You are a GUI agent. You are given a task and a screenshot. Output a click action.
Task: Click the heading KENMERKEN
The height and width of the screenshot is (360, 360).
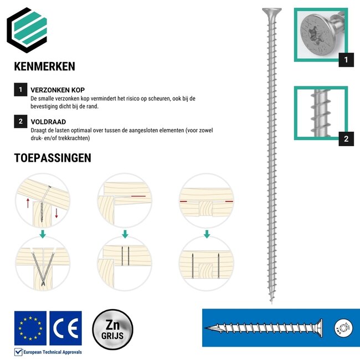pos(44,66)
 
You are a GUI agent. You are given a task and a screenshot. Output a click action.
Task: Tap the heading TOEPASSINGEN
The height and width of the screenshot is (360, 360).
pos(52,158)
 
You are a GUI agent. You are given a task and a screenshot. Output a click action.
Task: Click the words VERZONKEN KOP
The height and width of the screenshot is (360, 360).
pos(58,90)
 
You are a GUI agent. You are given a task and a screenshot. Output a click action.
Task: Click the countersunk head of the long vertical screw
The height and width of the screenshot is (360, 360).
pos(271,11)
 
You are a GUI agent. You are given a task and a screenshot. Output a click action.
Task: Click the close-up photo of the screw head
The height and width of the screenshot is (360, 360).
pos(320,34)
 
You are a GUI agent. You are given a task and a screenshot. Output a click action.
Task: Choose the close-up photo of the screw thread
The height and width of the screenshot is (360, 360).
pos(320,113)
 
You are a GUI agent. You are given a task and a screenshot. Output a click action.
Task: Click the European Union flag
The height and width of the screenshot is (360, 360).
pos(30,328)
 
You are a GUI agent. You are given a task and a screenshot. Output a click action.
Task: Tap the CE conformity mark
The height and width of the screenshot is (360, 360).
pos(65,328)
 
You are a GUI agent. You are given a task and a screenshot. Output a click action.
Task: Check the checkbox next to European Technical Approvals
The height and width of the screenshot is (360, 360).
pos(18,352)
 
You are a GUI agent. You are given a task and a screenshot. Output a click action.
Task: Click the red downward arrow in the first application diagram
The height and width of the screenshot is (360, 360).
pos(56,213)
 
